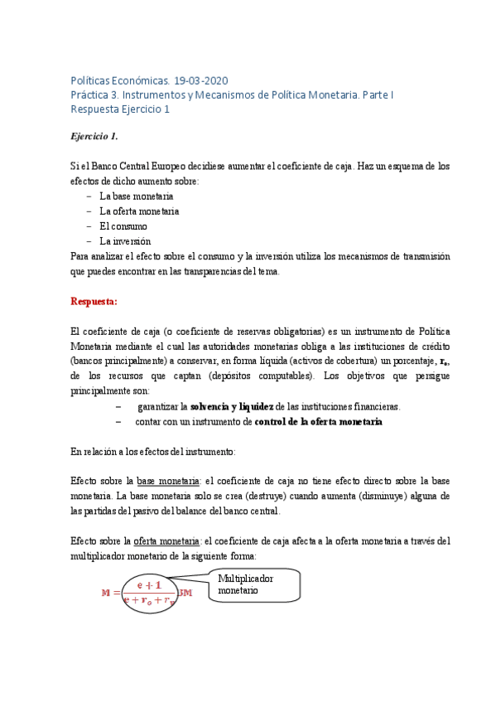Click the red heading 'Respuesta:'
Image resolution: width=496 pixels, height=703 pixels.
point(94,301)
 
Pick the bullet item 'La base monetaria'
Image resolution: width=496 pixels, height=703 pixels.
point(136,196)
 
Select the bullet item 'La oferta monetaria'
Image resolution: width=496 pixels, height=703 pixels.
point(139,211)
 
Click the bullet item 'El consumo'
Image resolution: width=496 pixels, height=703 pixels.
point(123,225)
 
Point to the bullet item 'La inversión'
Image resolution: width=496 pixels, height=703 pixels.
point(125,240)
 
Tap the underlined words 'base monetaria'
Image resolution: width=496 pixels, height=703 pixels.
point(168,481)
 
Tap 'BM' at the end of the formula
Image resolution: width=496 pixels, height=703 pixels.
point(185,594)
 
